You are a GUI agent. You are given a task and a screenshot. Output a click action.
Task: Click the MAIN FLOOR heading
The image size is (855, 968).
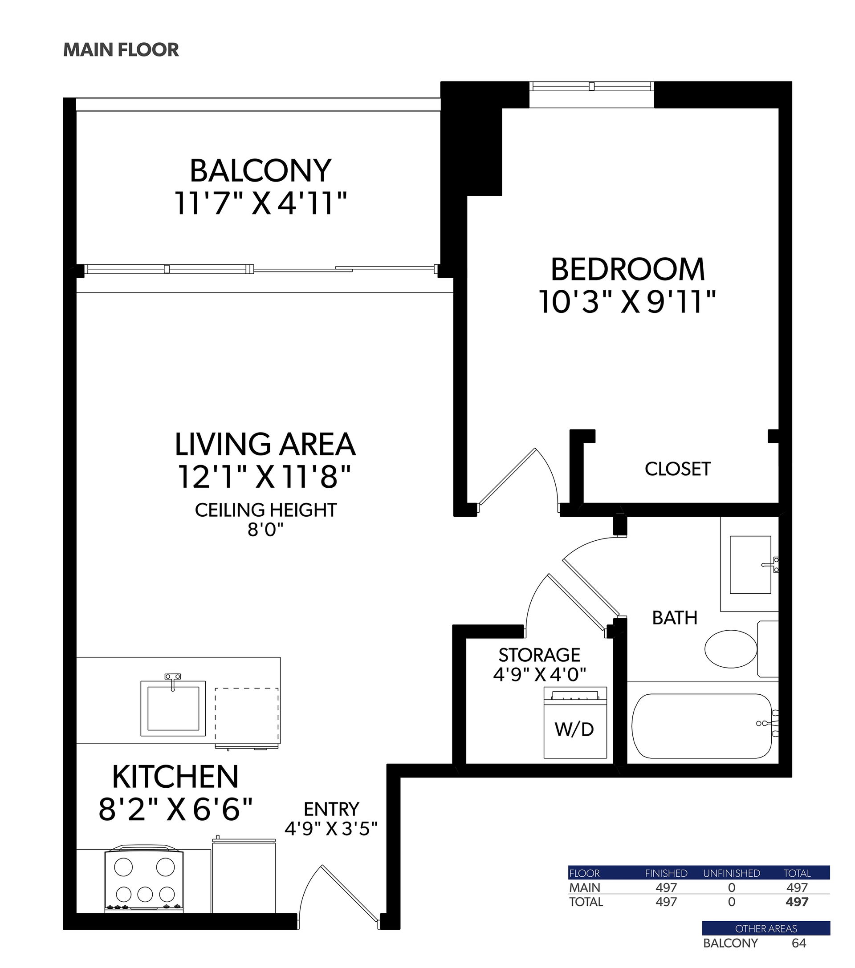coord(121,50)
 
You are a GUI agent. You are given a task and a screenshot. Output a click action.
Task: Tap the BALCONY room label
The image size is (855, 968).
coord(260,171)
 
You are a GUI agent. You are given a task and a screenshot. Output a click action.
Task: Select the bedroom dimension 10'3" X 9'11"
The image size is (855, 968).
coord(627,302)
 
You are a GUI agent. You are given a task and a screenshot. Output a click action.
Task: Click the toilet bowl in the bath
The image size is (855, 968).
coord(730,649)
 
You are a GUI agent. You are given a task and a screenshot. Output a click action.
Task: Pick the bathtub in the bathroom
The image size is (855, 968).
coord(702,726)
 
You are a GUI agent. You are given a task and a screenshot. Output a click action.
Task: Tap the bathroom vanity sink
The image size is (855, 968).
coord(750,565)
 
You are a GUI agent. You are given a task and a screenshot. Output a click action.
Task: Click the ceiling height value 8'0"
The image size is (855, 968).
coord(265,530)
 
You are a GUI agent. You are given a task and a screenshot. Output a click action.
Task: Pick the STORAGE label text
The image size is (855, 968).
coord(539,655)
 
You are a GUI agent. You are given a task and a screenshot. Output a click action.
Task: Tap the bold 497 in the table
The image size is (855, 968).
coord(797,902)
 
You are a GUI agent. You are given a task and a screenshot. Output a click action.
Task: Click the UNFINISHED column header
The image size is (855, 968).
coord(731,873)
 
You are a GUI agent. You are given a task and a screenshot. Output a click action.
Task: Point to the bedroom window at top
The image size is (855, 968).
coord(591,87)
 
